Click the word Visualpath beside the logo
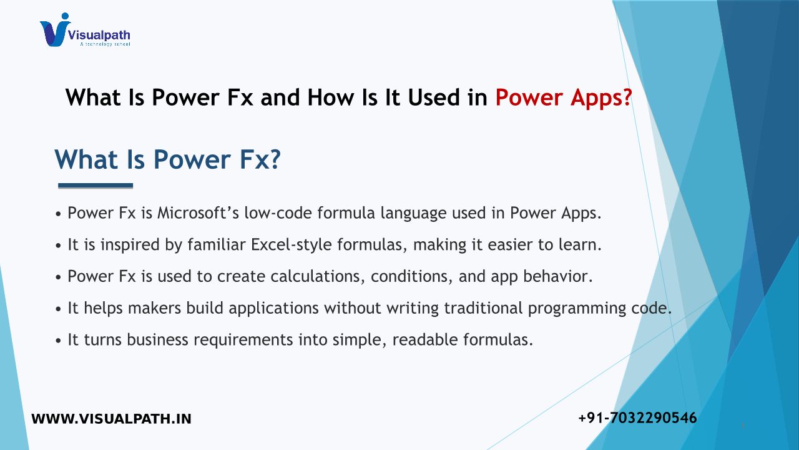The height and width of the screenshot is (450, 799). tap(99, 36)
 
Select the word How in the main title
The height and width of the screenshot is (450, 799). tap(330, 97)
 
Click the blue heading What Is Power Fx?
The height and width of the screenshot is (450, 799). tap(168, 159)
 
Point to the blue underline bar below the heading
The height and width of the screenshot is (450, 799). tap(96, 186)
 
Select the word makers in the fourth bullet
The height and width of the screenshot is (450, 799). tap(154, 308)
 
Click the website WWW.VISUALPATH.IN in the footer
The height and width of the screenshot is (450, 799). tap(111, 419)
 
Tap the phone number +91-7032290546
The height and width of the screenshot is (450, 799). tap(637, 418)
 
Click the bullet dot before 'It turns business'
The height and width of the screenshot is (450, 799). tap(59, 341)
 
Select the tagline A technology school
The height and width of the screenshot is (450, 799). tap(105, 44)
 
